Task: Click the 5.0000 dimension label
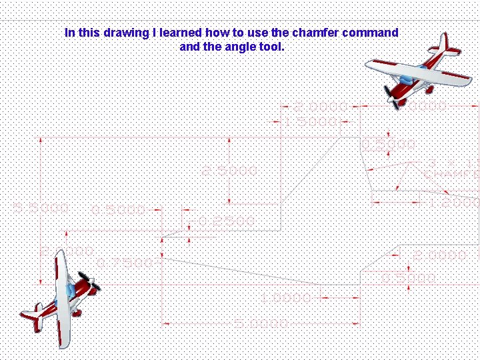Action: (261, 323)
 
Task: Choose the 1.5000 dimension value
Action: (311, 121)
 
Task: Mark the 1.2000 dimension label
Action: (453, 201)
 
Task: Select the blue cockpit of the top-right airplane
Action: (422, 68)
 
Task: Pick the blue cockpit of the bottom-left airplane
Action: (69, 291)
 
